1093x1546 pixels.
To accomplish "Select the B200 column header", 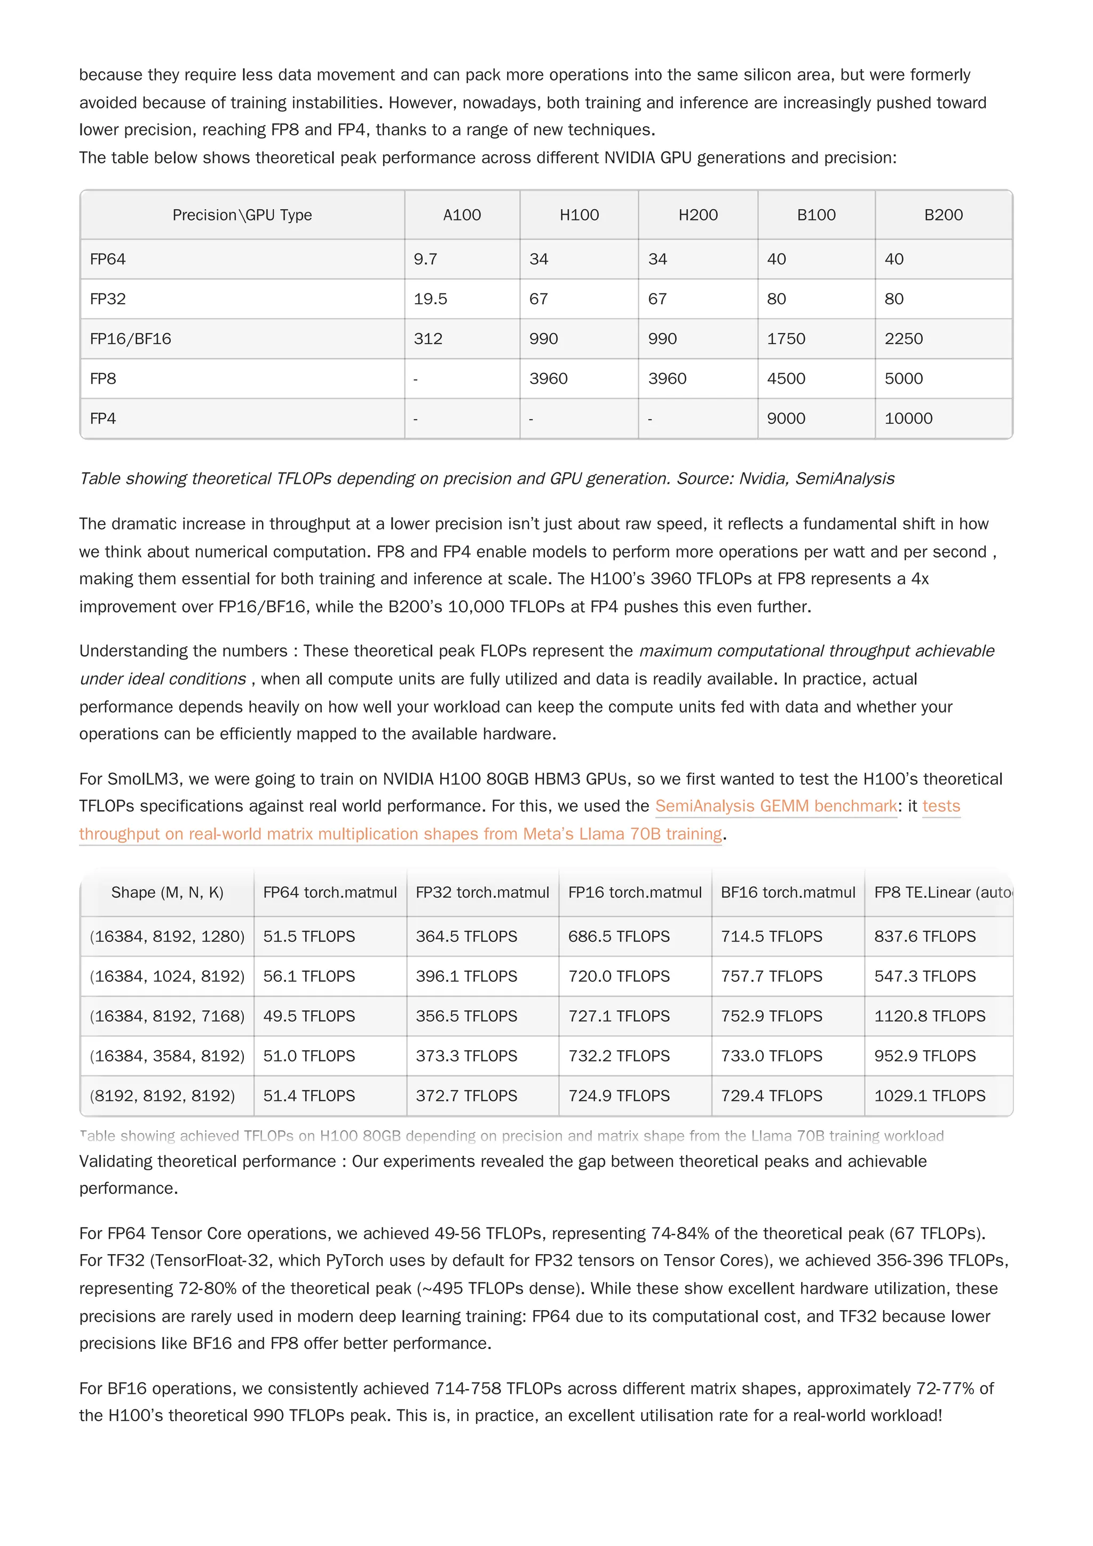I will tap(943, 215).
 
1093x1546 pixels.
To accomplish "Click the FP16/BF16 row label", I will tap(130, 339).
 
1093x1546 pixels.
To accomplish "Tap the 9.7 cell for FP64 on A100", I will tap(425, 259).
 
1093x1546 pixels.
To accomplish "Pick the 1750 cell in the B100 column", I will tap(786, 339).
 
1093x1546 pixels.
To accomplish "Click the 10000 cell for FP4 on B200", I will tap(908, 418).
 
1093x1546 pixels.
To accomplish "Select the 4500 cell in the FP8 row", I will tap(786, 378).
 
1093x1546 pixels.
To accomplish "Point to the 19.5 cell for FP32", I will tap(430, 299).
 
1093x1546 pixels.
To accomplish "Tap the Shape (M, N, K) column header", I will tap(167, 892).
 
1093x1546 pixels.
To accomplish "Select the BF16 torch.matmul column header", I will tap(787, 892).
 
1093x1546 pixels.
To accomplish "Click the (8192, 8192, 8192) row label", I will tap(162, 1096).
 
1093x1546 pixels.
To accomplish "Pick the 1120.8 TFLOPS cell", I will tap(929, 1016).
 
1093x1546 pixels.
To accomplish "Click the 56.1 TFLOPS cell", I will tap(308, 977).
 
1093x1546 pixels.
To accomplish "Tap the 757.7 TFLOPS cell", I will tap(771, 977).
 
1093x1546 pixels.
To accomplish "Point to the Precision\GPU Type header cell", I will tap(242, 215).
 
